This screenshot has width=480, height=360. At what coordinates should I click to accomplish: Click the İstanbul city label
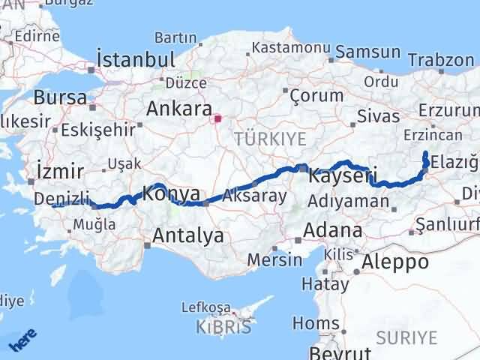136,59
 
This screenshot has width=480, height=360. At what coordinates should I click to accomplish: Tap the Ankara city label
178,108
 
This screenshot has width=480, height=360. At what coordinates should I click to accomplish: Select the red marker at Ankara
218,118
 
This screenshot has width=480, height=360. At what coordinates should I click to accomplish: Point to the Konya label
171,193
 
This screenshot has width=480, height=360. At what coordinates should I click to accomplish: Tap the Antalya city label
187,235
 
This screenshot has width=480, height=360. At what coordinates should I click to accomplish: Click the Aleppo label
395,262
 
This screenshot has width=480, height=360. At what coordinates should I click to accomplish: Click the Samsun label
368,52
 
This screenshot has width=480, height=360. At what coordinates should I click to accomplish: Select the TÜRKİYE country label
270,138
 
